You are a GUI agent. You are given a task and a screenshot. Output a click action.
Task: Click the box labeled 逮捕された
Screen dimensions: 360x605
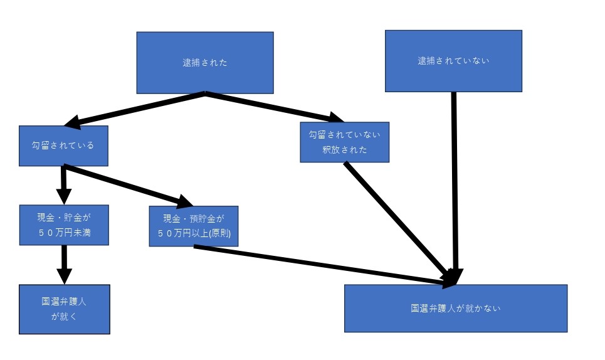[205, 63]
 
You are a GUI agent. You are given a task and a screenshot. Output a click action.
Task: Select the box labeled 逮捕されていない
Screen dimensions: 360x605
[453, 61]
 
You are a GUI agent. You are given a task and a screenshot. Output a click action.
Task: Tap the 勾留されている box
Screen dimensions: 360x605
[63, 146]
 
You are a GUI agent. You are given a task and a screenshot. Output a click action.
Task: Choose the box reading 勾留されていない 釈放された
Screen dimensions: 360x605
[344, 142]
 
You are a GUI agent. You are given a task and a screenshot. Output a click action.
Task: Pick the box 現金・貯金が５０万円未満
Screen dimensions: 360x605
[63, 225]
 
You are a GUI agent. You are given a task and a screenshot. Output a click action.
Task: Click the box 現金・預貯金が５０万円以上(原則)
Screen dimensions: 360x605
[194, 226]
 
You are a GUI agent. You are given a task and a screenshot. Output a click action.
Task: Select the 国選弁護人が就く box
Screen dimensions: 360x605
[64, 309]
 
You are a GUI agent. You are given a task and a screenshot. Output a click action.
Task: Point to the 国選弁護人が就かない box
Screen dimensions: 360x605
[455, 308]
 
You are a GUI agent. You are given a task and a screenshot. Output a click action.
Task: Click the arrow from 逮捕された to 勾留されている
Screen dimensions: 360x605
[138, 108]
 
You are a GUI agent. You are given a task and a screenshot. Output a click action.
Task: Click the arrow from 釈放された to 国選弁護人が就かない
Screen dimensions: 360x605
[401, 220]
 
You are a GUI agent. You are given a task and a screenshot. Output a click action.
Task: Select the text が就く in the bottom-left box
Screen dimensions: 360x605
[64, 316]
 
